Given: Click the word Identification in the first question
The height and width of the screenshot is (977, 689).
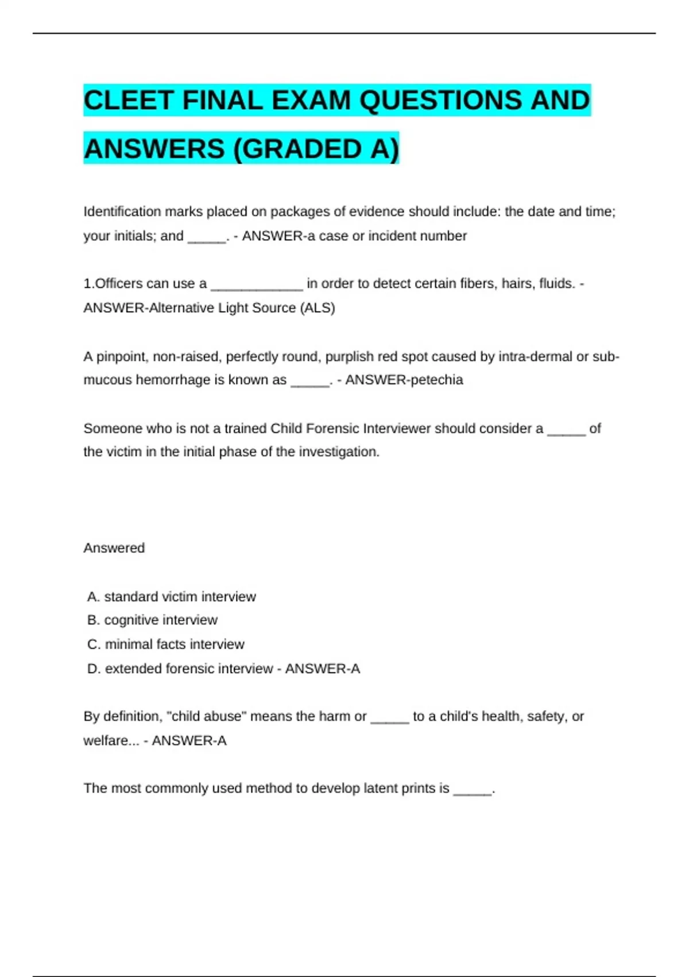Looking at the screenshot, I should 122,211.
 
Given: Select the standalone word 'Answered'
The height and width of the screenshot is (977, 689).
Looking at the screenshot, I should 114,548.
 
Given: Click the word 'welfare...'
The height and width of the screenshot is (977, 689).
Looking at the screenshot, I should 111,741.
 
